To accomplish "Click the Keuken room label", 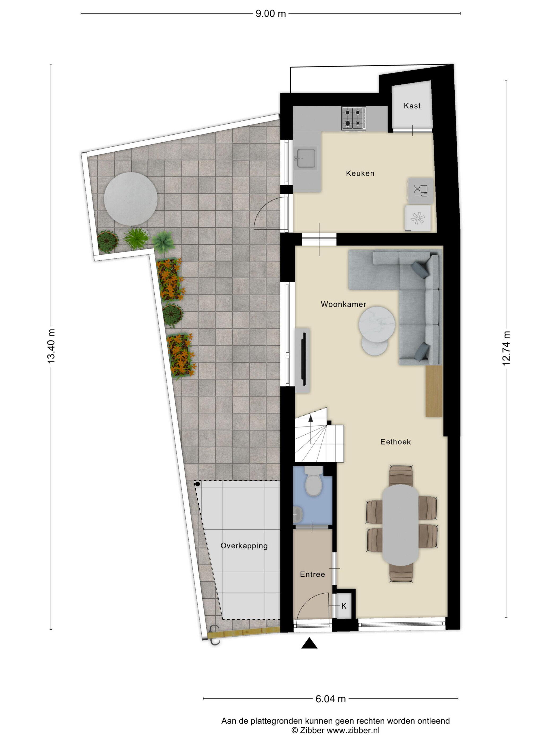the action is point(360,173).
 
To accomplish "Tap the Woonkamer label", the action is point(343,304).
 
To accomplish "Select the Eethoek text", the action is point(395,442).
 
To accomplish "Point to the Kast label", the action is point(412,106).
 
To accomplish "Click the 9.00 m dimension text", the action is point(271,14).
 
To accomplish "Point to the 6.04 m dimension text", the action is point(330,699).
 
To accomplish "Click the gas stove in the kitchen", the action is point(354,118).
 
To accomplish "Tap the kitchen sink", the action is point(305,158).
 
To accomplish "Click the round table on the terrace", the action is point(130,199).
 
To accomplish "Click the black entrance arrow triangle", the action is point(309,643).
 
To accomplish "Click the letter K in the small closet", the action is point(344,606).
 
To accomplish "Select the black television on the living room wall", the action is point(304,359).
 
